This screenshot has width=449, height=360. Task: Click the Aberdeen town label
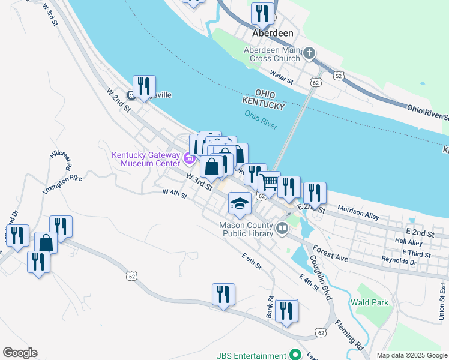tap(273, 34)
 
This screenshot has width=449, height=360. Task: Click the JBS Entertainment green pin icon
tap(294, 355)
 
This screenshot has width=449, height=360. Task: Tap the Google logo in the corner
tap(20, 353)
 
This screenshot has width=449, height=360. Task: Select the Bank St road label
tap(271, 307)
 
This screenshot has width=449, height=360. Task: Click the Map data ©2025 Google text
tap(412, 355)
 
